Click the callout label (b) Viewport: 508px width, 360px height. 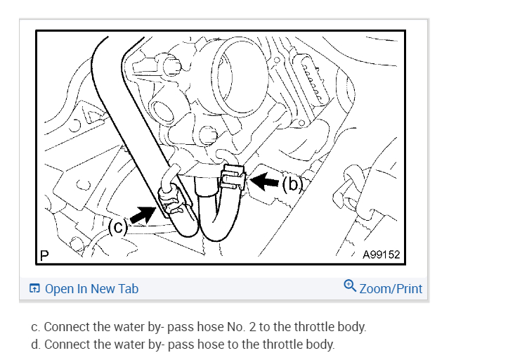(x=292, y=184)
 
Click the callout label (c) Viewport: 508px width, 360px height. (x=118, y=226)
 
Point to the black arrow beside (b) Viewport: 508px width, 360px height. (x=266, y=182)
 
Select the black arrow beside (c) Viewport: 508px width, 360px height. (x=143, y=214)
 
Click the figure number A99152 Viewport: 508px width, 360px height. (x=381, y=255)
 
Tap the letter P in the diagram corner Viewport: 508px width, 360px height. (x=44, y=255)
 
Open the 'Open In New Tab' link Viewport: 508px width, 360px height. (x=91, y=289)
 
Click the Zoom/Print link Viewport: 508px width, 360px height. (x=391, y=289)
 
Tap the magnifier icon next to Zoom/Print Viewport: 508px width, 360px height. (x=350, y=286)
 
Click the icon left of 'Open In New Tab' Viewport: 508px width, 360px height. (x=34, y=289)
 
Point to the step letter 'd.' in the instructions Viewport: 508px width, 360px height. (x=36, y=345)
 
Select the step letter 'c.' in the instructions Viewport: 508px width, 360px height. (x=36, y=327)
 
